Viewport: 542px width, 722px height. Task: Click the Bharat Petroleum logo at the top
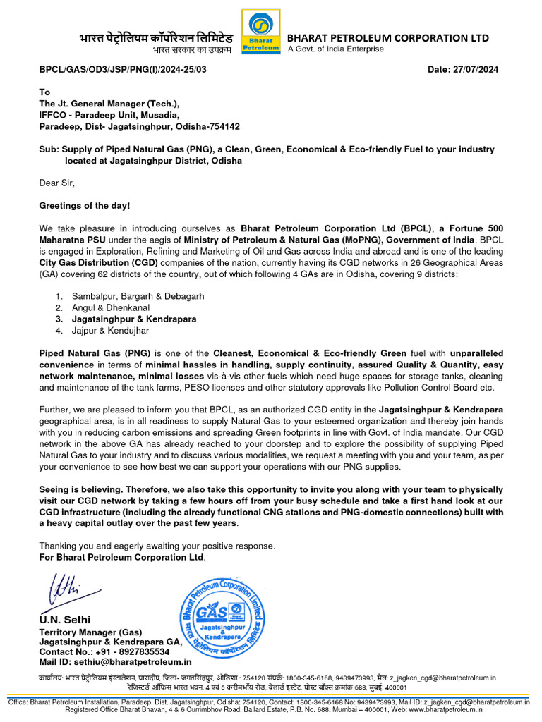click(260, 34)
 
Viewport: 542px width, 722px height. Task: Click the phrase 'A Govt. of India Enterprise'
click(335, 49)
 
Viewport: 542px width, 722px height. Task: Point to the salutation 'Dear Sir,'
click(56, 183)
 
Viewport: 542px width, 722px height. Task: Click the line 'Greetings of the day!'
click(84, 206)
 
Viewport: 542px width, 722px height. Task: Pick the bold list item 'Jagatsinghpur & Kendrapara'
click(133, 319)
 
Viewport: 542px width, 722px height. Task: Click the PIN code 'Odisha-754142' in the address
click(210, 127)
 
